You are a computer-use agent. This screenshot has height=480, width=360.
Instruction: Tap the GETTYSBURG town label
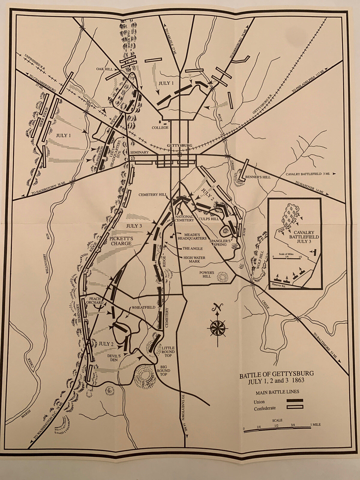coord(179,145)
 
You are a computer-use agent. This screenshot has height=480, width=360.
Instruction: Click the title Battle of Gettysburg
coord(276,373)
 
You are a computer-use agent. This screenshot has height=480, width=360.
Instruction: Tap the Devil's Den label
coord(114,358)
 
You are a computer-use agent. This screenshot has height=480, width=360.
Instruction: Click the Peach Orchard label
coord(96,301)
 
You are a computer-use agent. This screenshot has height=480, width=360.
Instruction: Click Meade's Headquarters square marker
coord(171,237)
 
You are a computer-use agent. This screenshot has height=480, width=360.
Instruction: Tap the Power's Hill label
coord(207,274)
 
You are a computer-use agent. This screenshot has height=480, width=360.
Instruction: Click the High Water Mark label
coord(194,259)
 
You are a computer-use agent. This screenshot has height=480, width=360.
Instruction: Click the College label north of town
coord(160,127)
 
